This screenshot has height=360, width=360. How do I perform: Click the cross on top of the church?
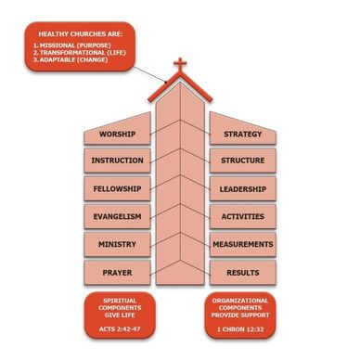(180, 65)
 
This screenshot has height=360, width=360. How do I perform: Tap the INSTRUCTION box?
(117, 161)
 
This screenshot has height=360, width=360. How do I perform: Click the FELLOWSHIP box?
(117, 188)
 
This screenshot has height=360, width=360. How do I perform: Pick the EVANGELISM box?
(117, 216)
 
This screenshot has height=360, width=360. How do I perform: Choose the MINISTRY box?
(117, 244)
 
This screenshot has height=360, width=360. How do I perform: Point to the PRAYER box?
(117, 273)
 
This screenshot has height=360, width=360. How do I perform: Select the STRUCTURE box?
(243, 161)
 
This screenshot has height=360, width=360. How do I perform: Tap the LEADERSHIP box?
(243, 188)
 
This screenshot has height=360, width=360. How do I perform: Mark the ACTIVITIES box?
(243, 216)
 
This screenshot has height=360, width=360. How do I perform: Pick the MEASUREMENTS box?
(243, 244)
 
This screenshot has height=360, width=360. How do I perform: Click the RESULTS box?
(243, 273)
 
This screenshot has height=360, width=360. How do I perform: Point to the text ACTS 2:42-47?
(120, 329)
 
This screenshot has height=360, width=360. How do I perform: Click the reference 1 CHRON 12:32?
(240, 329)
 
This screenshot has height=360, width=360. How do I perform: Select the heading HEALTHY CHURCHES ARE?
(81, 34)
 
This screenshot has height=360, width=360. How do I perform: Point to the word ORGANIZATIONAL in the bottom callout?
(240, 301)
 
